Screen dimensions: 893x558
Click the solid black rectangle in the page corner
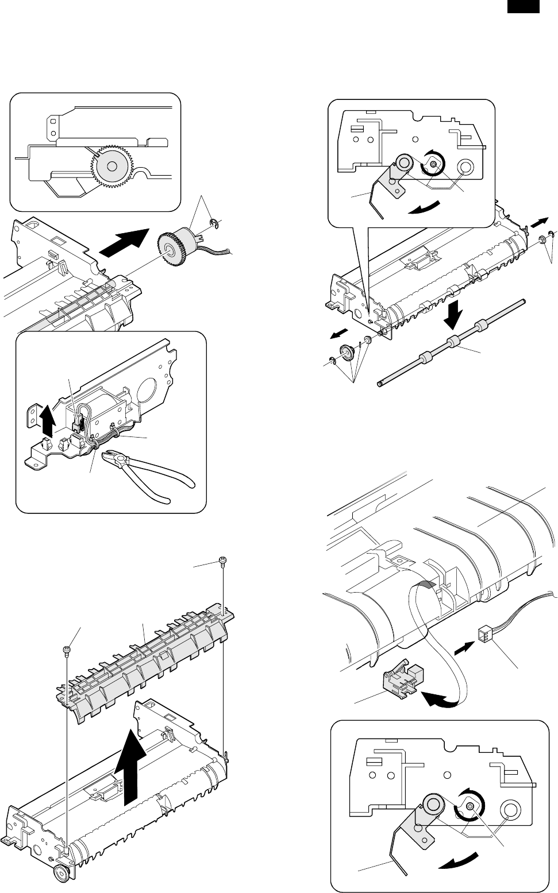click(523, 6)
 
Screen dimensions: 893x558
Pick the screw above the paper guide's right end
click(222, 561)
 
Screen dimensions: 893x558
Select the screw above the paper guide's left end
click(67, 648)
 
